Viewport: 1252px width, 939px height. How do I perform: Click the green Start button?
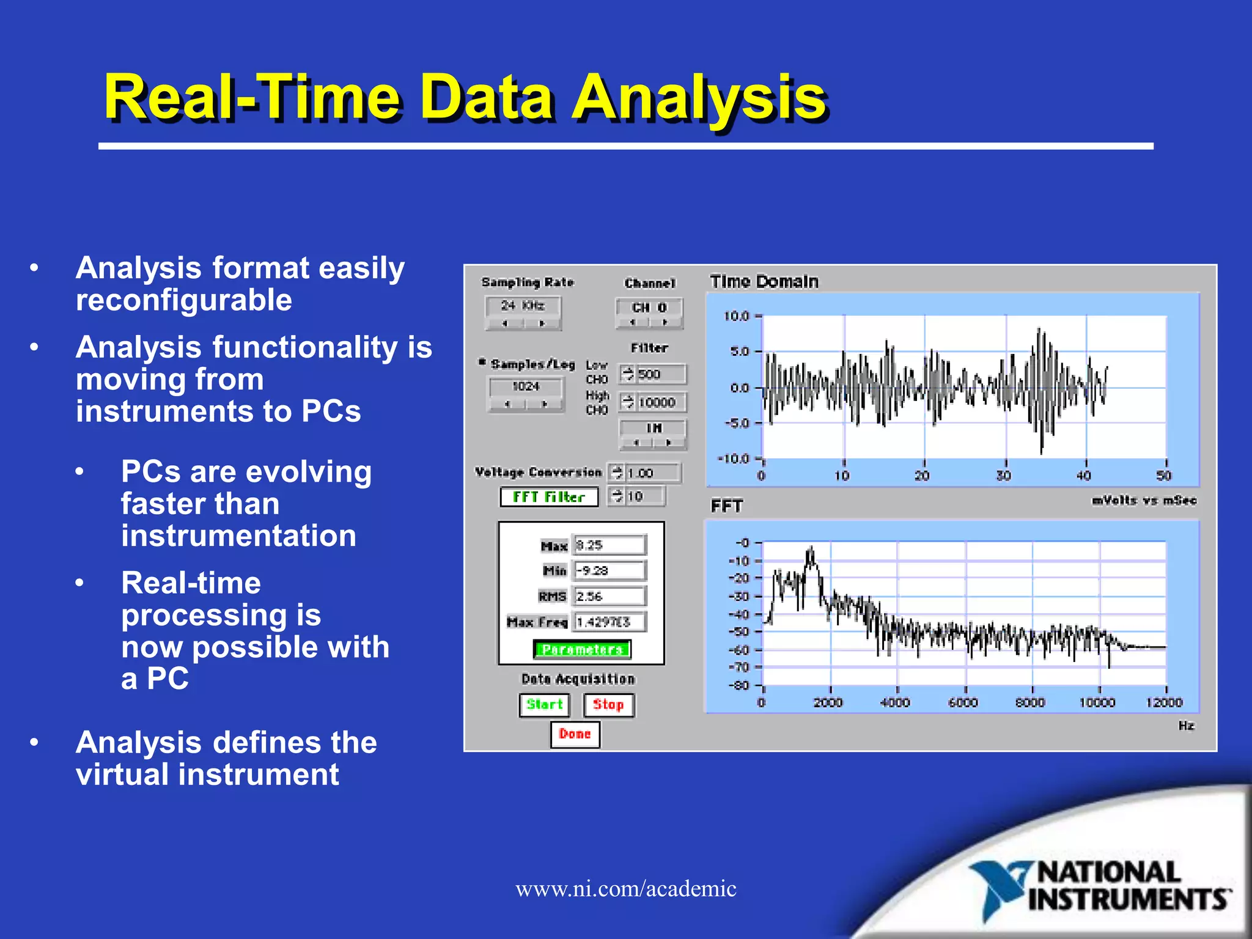(544, 705)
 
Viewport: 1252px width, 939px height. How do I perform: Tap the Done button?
(575, 734)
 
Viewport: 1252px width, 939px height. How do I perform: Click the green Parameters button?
(582, 649)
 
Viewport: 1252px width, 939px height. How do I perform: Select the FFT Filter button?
(548, 497)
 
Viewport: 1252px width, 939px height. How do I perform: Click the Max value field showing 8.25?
(609, 545)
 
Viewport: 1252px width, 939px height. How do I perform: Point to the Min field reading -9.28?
(609, 570)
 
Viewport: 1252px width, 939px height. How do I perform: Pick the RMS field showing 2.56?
(609, 596)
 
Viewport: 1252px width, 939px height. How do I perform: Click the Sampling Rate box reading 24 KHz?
(523, 305)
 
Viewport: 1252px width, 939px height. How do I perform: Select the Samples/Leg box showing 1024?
(526, 386)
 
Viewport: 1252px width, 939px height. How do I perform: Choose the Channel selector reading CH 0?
(649, 307)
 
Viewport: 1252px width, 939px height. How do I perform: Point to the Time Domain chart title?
(764, 282)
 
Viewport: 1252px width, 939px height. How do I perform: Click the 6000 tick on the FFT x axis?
(963, 702)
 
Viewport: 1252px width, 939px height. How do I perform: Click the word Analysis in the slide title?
(698, 98)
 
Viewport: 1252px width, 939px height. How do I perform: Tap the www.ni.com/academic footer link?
(625, 888)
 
